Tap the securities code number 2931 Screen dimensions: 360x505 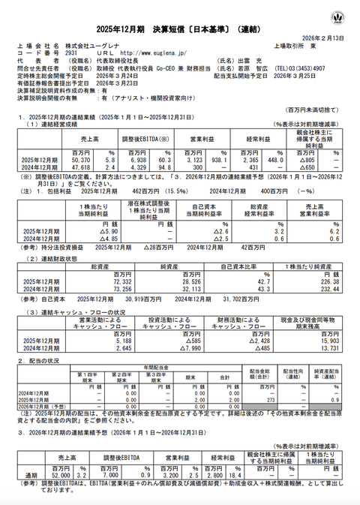click(x=66, y=53)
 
